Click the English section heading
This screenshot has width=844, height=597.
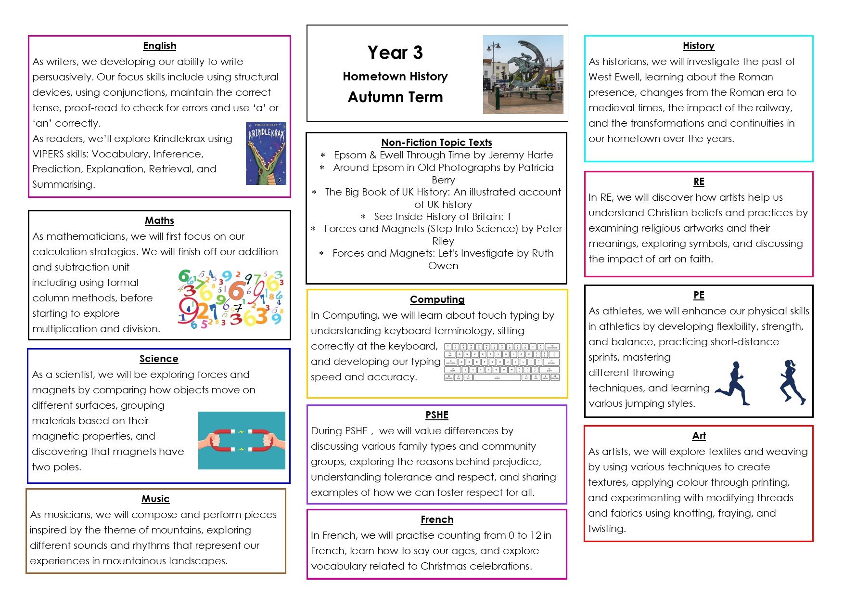tap(159, 46)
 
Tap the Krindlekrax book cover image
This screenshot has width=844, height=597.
tap(266, 153)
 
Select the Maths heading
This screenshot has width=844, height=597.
tap(159, 221)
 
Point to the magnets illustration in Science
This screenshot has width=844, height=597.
tap(242, 440)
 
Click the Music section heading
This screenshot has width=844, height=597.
tap(155, 499)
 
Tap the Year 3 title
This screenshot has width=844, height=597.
tap(395, 52)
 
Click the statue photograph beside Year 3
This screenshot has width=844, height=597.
tap(523, 74)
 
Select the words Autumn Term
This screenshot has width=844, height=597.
tap(395, 97)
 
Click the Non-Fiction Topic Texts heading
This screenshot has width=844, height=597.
tap(436, 143)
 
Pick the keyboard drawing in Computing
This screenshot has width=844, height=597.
tap(502, 362)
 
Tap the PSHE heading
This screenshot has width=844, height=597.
tap(437, 415)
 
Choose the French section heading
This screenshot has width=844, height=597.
tap(437, 519)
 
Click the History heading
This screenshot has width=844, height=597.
tap(698, 46)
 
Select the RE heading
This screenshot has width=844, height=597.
tap(699, 182)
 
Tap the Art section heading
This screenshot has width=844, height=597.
tap(699, 436)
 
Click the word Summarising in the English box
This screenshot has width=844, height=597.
tap(63, 184)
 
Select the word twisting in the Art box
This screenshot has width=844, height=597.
tap(606, 529)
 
